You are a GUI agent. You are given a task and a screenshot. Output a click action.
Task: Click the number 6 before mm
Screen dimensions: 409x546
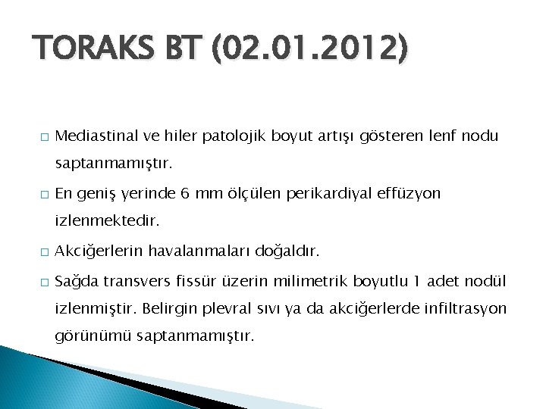(x=185, y=194)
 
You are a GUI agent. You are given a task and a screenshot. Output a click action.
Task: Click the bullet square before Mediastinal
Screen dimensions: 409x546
(x=44, y=136)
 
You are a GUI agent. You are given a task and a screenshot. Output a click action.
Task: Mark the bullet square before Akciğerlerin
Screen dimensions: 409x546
(x=44, y=251)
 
